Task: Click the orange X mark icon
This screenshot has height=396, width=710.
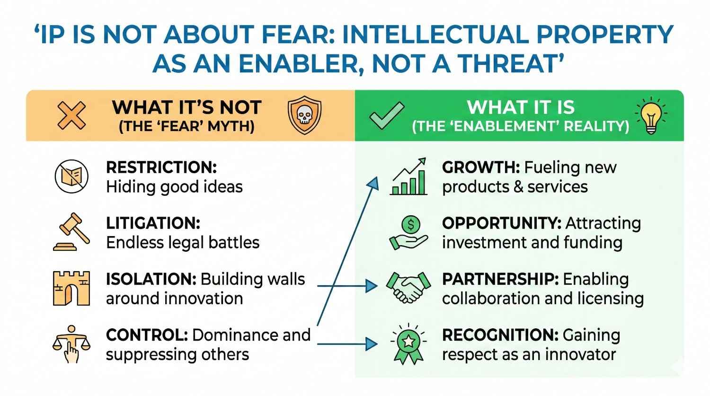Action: point(71,115)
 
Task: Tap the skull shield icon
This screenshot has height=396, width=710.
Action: point(304,115)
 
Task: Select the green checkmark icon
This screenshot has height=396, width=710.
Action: point(387,115)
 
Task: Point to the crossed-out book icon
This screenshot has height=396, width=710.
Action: point(71,176)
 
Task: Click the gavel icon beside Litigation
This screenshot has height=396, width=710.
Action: point(71,231)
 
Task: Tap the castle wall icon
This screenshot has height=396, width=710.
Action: point(71,288)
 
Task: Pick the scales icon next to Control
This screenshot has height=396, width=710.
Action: point(71,344)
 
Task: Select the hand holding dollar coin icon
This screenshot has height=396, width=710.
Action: point(409,232)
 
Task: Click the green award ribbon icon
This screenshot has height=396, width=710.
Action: point(408,344)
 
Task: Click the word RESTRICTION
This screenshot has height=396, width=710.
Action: point(161,167)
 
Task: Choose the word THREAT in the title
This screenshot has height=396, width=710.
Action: point(506,64)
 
